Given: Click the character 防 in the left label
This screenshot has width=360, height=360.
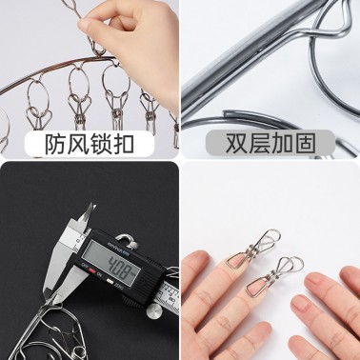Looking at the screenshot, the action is coord(55,145).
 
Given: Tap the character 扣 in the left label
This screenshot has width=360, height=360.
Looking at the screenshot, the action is coord(123,145).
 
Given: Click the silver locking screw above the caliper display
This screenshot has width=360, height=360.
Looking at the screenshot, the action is coord(129,240).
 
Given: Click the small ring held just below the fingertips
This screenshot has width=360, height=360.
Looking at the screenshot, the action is coord(98,48).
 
